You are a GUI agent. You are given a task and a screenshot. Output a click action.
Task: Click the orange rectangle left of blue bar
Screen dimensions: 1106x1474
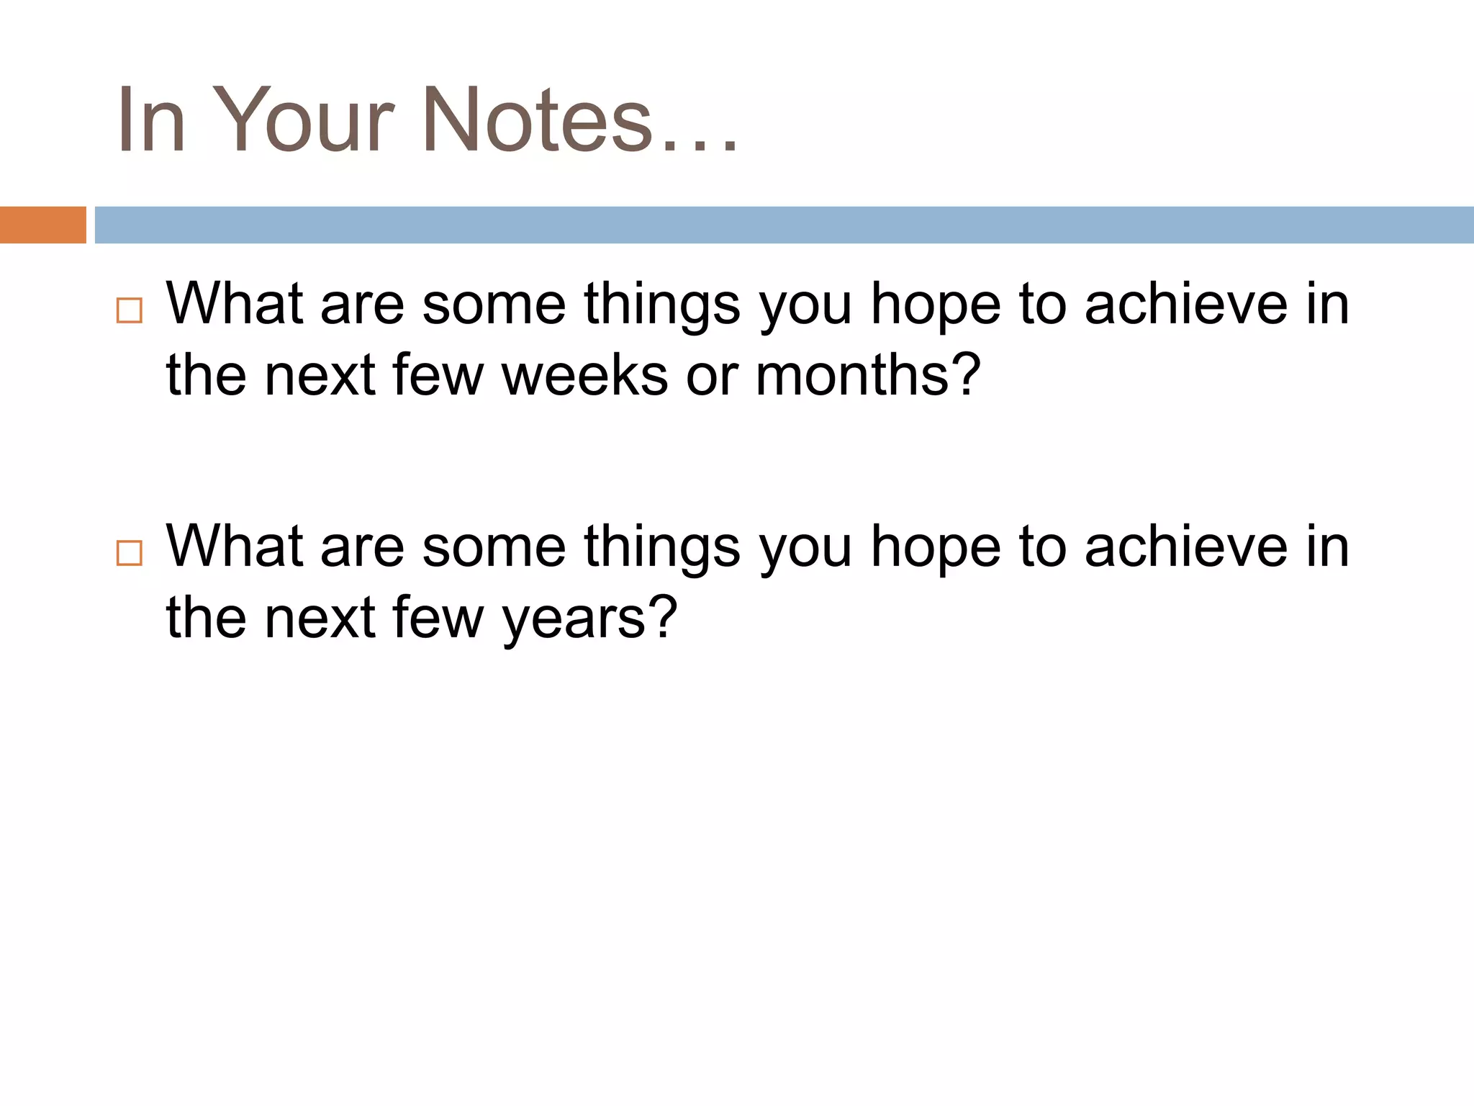42,225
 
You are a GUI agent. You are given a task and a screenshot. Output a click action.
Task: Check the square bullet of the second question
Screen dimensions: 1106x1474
130,553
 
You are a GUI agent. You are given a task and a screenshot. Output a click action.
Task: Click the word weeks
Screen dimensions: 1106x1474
584,375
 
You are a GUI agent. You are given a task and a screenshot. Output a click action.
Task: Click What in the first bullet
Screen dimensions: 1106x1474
235,303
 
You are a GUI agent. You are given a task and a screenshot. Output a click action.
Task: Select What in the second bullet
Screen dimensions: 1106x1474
235,546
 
